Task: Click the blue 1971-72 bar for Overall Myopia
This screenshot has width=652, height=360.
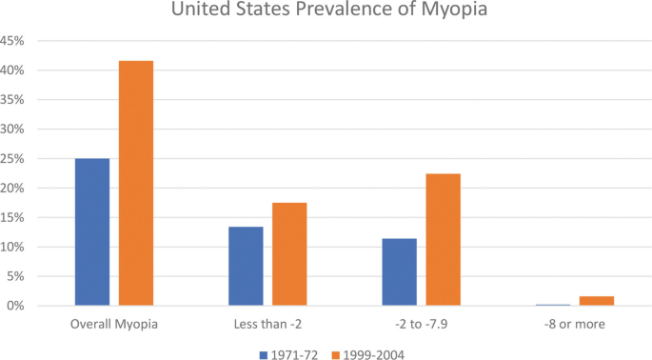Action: tap(92, 231)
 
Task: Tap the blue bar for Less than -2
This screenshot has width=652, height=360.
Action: tap(246, 266)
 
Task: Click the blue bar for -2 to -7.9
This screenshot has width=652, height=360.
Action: tap(399, 271)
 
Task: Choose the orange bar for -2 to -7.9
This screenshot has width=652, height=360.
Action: tap(443, 239)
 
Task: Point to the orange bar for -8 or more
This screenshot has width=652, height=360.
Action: tap(597, 301)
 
